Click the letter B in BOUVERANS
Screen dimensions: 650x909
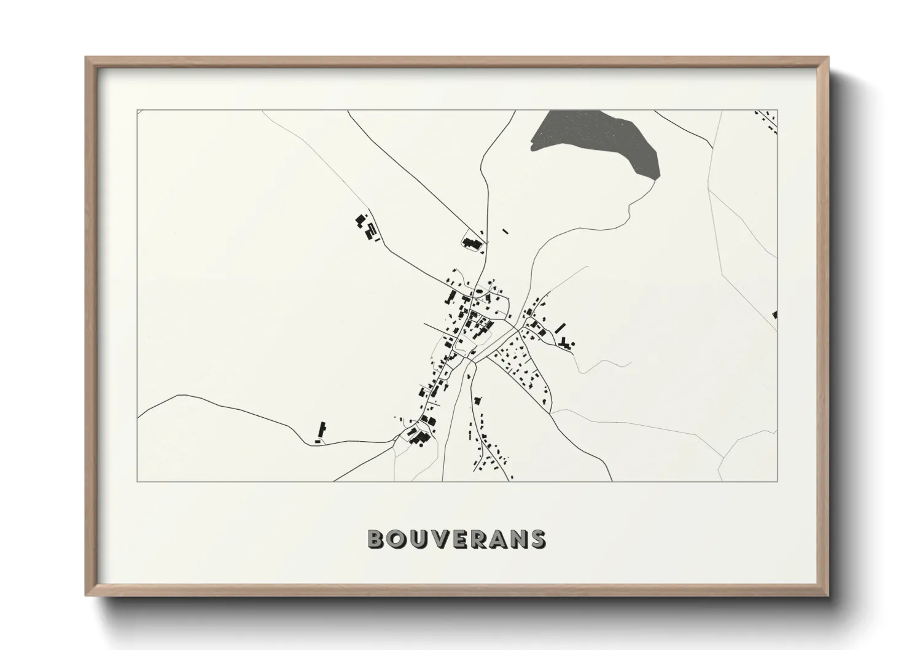[376, 539]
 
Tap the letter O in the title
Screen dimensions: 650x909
[396, 539]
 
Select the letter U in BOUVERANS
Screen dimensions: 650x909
[418, 539]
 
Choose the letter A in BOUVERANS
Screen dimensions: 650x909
[497, 539]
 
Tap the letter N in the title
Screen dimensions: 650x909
[518, 539]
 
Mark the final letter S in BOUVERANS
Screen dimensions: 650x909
[537, 539]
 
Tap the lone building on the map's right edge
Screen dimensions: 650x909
[775, 315]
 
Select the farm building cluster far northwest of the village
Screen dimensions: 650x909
[367, 227]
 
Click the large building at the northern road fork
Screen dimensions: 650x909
[472, 243]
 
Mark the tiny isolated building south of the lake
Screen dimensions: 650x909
[505, 232]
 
